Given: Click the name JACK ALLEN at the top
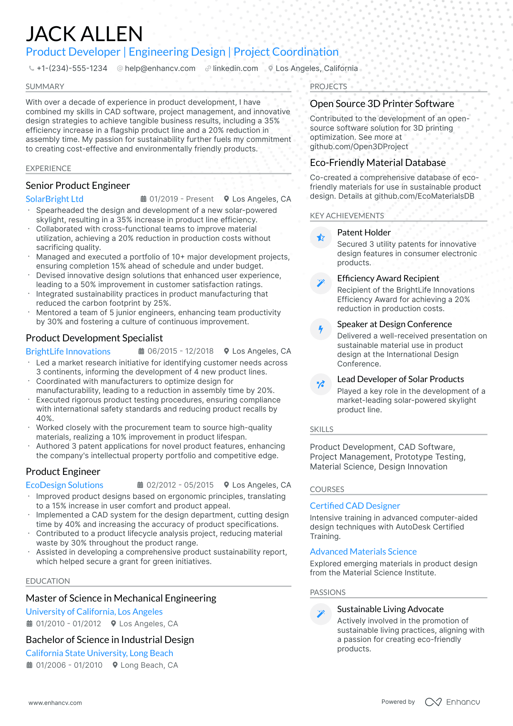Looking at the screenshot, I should click(x=84, y=34).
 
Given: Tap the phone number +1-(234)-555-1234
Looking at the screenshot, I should click(x=72, y=68).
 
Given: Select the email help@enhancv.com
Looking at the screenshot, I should click(x=160, y=68).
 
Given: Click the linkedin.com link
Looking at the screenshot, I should click(x=235, y=68).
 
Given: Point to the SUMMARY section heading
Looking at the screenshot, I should click(x=45, y=87).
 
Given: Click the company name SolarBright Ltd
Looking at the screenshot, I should click(x=55, y=199).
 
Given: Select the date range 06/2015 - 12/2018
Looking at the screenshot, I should click(x=180, y=351).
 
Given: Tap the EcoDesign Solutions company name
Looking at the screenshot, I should click(x=64, y=485).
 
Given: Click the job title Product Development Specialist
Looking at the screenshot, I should click(x=94, y=338).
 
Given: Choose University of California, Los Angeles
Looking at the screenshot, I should click(x=94, y=612).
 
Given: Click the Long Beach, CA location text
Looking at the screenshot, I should click(x=149, y=665).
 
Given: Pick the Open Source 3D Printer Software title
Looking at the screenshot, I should click(x=382, y=104).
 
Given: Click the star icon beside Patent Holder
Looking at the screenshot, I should click(x=321, y=238).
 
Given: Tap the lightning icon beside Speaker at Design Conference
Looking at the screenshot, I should click(x=321, y=330).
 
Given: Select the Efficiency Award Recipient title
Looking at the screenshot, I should click(x=388, y=278).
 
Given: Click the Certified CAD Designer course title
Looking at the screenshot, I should click(x=355, y=506).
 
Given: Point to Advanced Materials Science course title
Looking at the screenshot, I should click(x=363, y=552).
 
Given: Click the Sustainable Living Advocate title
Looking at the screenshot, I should click(x=390, y=609).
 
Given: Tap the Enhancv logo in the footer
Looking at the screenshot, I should click(x=452, y=702).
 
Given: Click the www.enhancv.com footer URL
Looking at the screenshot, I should click(x=55, y=703).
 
